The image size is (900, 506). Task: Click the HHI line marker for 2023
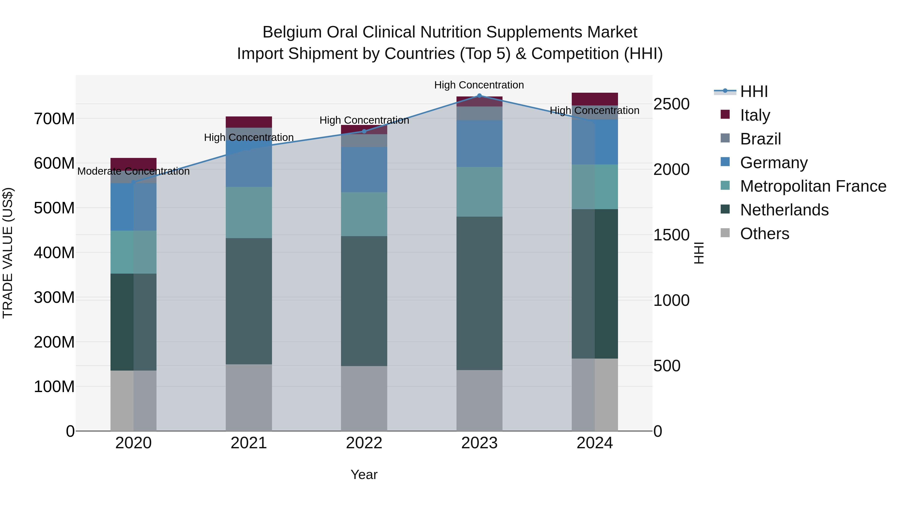(479, 96)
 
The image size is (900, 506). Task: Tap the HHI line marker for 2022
(364, 131)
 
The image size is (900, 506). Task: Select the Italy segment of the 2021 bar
(249, 122)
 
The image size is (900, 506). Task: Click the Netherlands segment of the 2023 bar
(479, 293)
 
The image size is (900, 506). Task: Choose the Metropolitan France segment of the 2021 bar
(249, 212)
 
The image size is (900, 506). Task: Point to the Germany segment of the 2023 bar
(479, 143)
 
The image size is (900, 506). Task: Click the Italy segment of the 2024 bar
(595, 99)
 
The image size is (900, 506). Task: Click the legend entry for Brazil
(760, 139)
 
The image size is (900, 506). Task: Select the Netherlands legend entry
(784, 210)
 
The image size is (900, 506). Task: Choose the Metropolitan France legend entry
(813, 186)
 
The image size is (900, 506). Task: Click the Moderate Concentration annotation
(133, 171)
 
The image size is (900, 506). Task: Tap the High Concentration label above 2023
(479, 85)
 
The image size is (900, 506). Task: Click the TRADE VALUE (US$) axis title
(8, 253)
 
